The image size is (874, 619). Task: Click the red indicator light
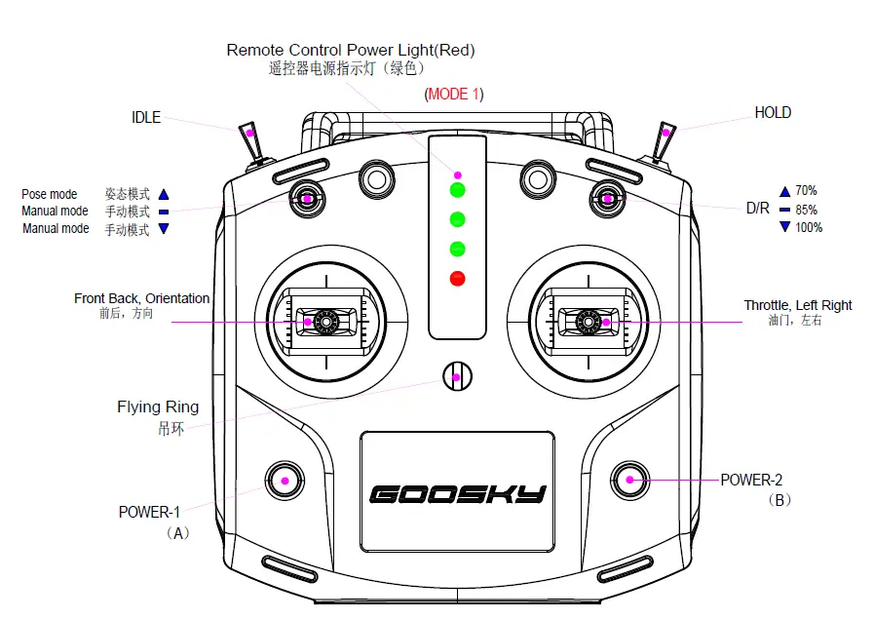(x=457, y=279)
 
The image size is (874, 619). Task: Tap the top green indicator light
(x=457, y=190)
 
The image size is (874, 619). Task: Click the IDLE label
(x=146, y=118)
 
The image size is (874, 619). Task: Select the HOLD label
(x=773, y=113)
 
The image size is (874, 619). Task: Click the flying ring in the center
(x=457, y=373)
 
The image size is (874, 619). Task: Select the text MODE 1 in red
(x=454, y=95)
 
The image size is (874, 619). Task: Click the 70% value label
(x=806, y=191)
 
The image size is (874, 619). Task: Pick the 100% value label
(x=809, y=228)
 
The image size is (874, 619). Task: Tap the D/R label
(x=757, y=209)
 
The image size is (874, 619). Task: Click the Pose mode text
(x=50, y=194)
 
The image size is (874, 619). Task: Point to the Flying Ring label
(x=158, y=407)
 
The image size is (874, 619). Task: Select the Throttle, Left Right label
(x=797, y=305)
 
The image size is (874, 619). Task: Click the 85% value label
(x=806, y=210)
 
